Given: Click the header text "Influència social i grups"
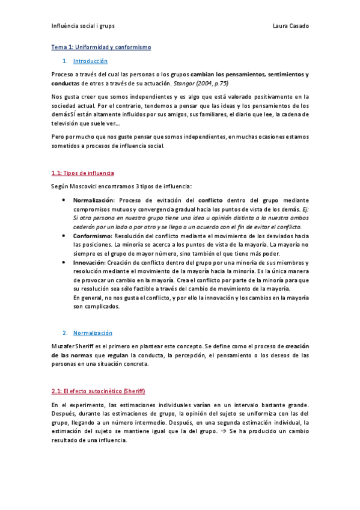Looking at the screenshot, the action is [x=83, y=26].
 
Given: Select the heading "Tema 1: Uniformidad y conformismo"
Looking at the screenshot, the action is [x=101, y=47].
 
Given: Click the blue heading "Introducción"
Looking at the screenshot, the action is [x=90, y=61].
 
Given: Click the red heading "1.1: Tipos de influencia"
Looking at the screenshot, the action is [x=82, y=173].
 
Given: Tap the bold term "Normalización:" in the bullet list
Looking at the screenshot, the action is [x=94, y=200].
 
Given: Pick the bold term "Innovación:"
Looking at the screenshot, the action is [x=90, y=263].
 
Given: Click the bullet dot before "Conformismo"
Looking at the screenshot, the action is [x=64, y=236].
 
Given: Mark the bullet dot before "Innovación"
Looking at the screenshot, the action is [x=64, y=263].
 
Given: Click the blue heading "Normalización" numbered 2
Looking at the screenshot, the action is [x=93, y=333].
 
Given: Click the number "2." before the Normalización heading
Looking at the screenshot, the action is [x=65, y=333].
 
